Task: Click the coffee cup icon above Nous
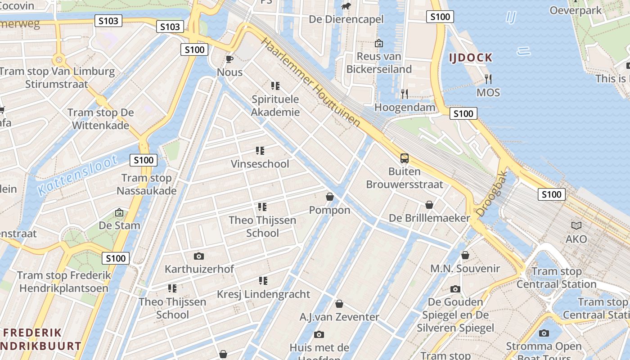pos(229,59)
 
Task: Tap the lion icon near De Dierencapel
pos(346,6)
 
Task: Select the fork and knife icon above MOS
pos(488,79)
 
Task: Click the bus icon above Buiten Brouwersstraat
pos(405,158)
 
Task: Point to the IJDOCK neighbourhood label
pos(471,58)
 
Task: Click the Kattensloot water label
pos(77,175)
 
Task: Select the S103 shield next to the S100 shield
pos(171,27)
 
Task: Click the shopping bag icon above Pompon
pos(330,197)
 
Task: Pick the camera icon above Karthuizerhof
pos(199,256)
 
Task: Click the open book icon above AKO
pos(576,225)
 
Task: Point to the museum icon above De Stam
pos(119,212)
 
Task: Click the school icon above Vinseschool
pos(260,150)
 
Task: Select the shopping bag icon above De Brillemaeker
pos(429,205)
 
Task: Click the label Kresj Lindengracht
pos(263,294)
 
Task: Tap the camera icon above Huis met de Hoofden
pos(319,334)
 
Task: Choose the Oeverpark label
pos(575,10)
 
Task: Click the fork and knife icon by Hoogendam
pos(405,94)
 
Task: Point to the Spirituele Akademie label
pos(275,106)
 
